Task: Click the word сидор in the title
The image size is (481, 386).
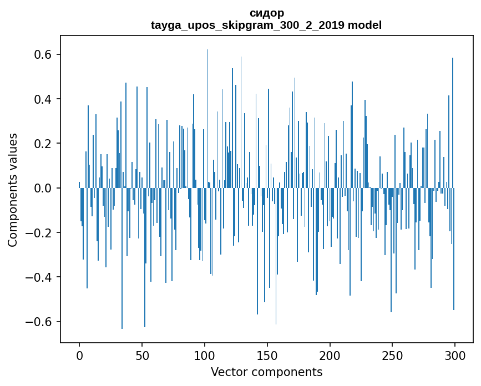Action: (267, 13)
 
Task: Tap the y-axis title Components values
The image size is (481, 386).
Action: (13, 190)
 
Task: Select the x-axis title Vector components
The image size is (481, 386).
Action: (266, 372)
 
